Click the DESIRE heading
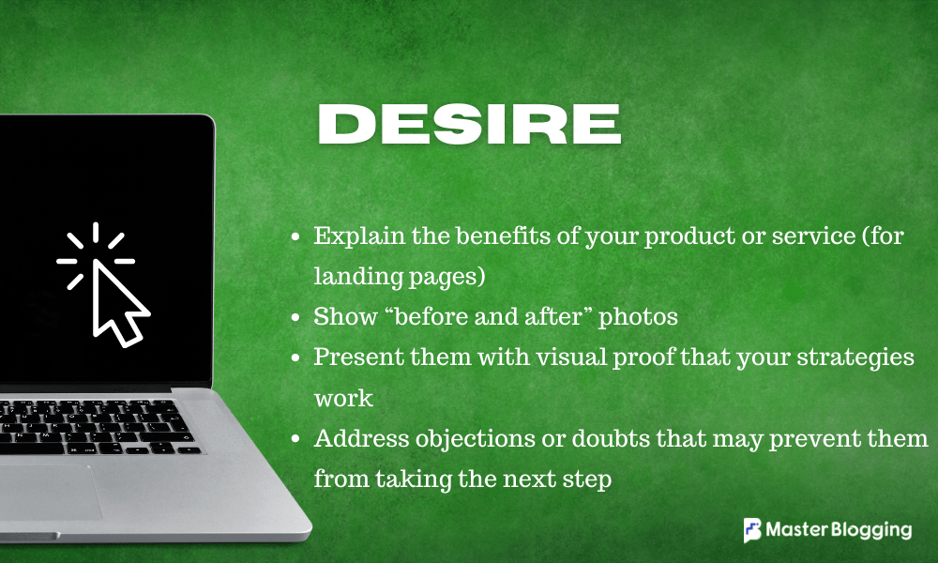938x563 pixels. tap(469, 125)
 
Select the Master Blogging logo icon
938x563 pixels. tap(752, 530)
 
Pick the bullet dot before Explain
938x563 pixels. tap(296, 236)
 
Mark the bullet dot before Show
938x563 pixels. tap(296, 317)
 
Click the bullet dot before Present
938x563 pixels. tap(296, 358)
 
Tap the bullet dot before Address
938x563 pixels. tap(296, 439)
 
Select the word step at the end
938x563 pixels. tap(590, 479)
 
